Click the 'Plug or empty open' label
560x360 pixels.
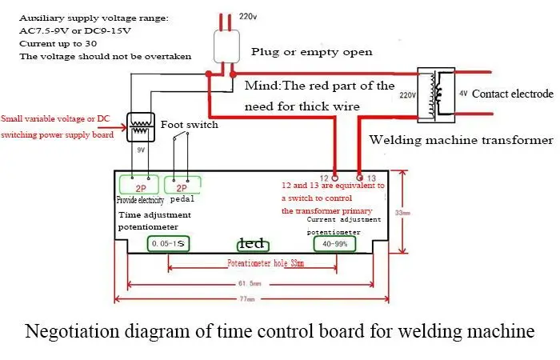(311, 52)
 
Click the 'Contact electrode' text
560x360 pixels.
(512, 94)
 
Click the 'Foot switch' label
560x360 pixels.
(189, 125)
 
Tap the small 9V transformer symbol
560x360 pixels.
(142, 125)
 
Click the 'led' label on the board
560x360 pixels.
(250, 243)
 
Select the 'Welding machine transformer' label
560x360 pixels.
(460, 140)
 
